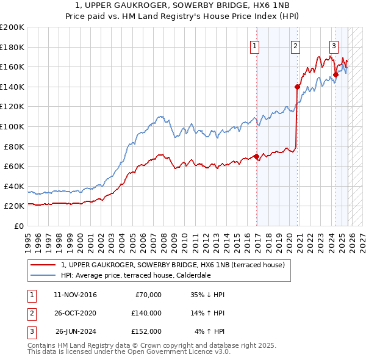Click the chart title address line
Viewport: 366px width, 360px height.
(183, 5)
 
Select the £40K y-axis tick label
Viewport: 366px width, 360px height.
(14, 186)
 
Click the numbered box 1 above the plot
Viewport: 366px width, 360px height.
(254, 45)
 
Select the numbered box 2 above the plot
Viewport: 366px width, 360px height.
(295, 45)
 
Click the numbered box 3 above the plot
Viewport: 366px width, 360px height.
(334, 45)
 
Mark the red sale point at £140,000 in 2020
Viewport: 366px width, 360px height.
(297, 87)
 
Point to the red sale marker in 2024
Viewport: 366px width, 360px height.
(335, 74)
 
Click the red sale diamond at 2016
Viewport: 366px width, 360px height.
(256, 156)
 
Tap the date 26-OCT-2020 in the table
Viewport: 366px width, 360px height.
(75, 312)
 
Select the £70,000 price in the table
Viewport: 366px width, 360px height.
(146, 295)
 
